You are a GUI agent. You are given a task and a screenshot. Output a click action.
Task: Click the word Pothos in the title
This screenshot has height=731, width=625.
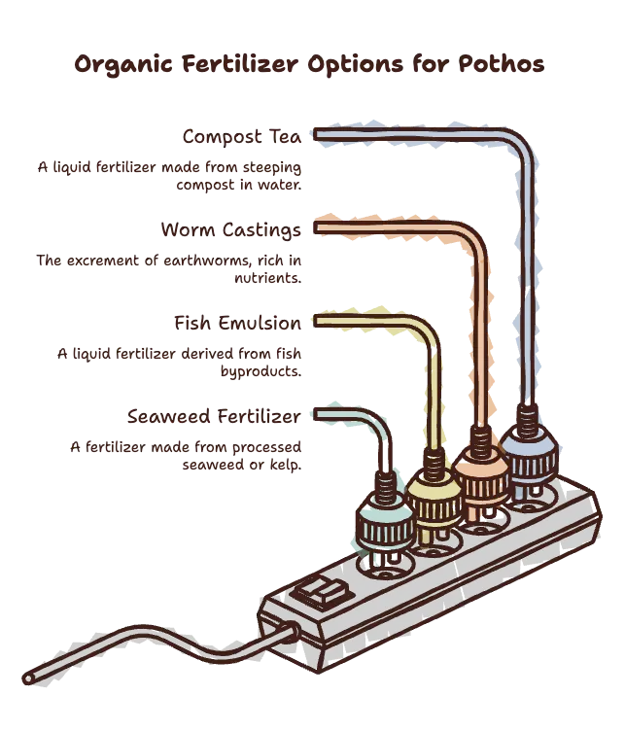point(501,63)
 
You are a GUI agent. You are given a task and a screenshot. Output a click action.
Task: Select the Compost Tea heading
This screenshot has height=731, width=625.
point(242,137)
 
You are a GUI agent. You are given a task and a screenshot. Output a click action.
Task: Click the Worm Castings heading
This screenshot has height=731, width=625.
point(231,230)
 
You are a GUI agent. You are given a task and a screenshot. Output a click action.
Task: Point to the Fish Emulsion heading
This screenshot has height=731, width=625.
point(238,323)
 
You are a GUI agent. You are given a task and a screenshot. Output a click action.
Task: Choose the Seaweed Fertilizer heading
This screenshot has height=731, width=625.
point(214,416)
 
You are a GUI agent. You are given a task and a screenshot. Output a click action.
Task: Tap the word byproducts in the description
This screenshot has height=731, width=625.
point(260,371)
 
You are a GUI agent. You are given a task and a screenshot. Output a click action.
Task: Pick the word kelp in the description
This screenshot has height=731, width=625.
point(285,465)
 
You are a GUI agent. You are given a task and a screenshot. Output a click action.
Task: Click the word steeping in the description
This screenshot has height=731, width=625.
point(272,167)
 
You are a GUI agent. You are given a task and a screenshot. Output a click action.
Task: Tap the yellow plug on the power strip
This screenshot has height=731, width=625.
point(434,497)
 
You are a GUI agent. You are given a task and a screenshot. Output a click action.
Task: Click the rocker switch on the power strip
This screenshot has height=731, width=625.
point(322,593)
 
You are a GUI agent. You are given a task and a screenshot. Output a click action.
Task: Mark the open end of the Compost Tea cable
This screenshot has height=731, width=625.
point(316,135)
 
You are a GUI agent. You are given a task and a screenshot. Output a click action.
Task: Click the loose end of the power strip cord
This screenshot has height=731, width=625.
point(28,679)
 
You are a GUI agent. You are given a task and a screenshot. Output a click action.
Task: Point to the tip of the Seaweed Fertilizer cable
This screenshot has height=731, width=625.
point(316,415)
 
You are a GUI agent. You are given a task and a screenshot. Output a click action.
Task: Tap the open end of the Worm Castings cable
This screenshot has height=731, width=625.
point(316,228)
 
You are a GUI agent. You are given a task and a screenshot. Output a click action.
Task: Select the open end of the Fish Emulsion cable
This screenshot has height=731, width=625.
point(316,322)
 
